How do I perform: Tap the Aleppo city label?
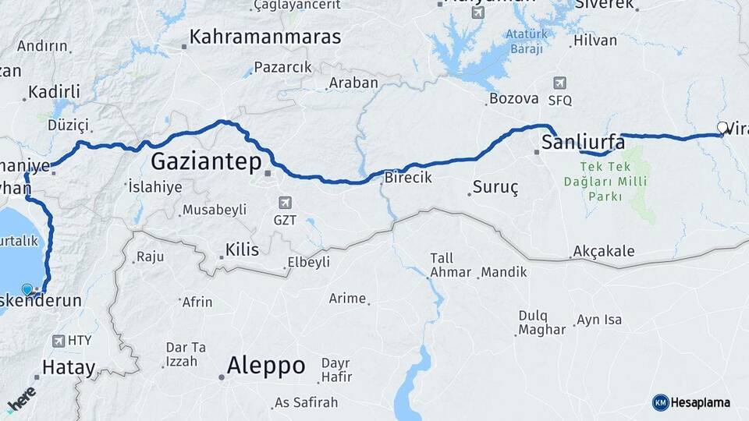click(x=265, y=365)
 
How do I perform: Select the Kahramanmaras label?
click(x=265, y=37)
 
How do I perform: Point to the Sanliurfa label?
click(x=583, y=142)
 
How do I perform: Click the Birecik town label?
click(x=407, y=178)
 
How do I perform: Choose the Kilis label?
click(x=241, y=249)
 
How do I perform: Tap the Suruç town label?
click(x=495, y=188)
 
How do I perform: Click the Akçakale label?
click(x=603, y=251)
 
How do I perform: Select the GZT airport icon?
click(x=285, y=203)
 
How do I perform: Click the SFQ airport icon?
click(x=559, y=83)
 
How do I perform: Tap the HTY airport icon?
click(x=59, y=341)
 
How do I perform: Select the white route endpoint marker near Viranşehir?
click(x=722, y=127)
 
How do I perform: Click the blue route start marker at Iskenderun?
click(x=28, y=290)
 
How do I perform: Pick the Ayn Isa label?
click(x=598, y=320)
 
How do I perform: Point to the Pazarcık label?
click(x=282, y=67)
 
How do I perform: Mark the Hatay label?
click(x=69, y=368)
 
